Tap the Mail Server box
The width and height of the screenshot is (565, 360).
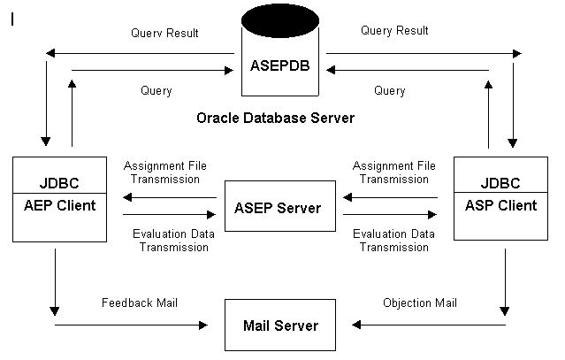point(280,326)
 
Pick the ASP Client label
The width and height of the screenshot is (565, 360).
point(500,205)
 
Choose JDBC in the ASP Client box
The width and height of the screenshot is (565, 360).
point(500,184)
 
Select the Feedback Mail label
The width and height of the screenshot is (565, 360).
point(141,303)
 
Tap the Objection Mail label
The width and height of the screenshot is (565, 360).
point(420,303)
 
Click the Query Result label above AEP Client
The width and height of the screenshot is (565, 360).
point(164,33)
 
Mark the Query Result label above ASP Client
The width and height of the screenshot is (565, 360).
point(394,31)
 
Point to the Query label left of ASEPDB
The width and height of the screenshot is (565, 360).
point(156,90)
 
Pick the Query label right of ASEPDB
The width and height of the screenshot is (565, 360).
point(389,90)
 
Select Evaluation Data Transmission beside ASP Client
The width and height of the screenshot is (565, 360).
point(391,240)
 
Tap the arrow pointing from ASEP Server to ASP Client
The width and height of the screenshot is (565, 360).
point(389,214)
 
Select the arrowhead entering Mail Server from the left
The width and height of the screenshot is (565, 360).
point(202,325)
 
